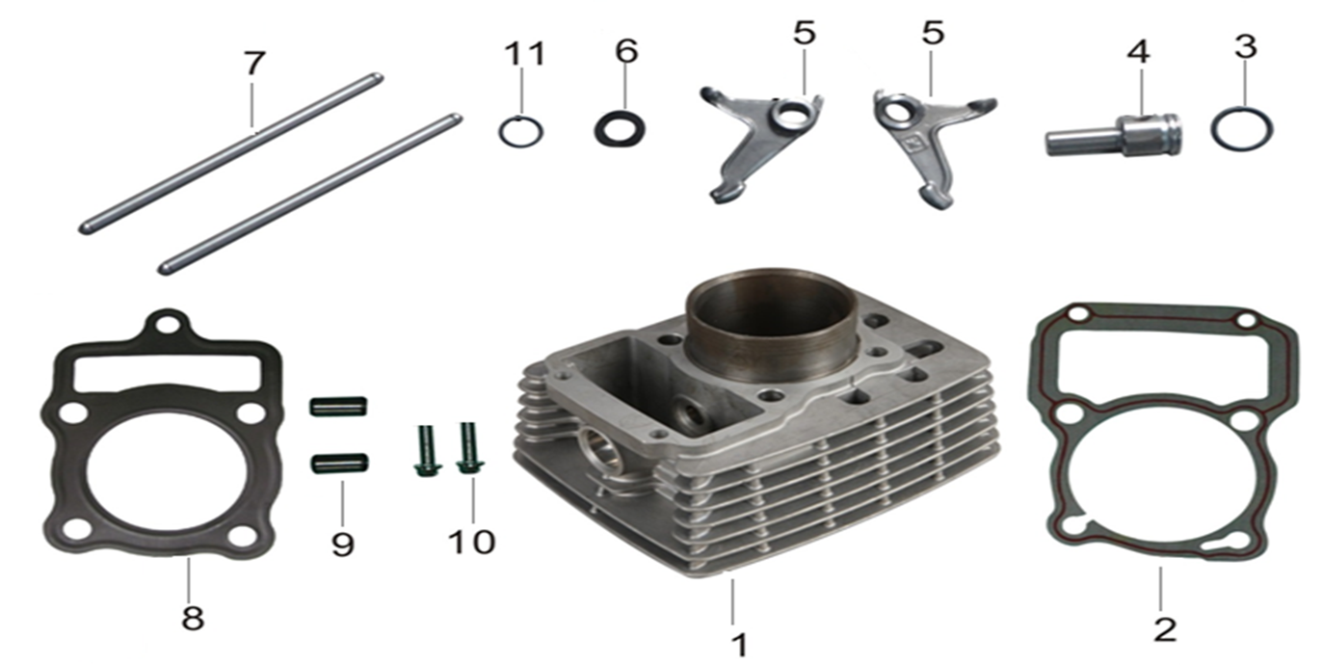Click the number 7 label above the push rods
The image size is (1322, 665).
pos(254,64)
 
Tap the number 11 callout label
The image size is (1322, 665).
pos(525,54)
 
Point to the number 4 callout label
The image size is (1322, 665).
pos(1138,52)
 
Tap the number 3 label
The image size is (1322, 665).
pos(1245,46)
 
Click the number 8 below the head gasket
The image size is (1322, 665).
pos(193,619)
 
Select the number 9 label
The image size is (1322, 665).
pos(342,544)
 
